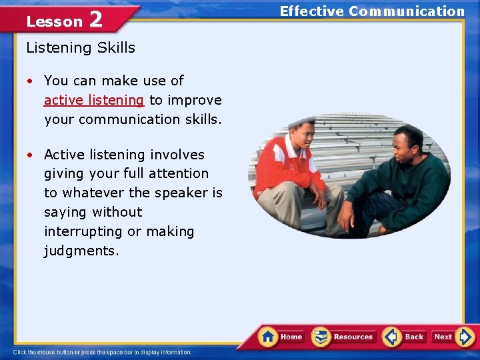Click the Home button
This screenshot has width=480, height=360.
pyautogui.click(x=281, y=337)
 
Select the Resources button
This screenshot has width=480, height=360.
pyautogui.click(x=344, y=337)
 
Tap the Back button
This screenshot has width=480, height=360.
pyautogui.click(x=405, y=337)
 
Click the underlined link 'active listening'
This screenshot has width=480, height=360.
pyautogui.click(x=93, y=100)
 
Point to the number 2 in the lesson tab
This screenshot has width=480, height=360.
pyautogui.click(x=95, y=19)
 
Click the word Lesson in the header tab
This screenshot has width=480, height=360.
pyautogui.click(x=54, y=21)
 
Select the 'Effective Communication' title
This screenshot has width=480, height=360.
pyautogui.click(x=372, y=11)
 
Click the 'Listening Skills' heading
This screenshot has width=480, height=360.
pyautogui.click(x=80, y=47)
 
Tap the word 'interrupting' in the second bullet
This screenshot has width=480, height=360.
pyautogui.click(x=84, y=231)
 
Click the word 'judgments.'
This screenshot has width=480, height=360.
pyautogui.click(x=81, y=251)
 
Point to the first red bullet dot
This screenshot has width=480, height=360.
pyautogui.click(x=31, y=81)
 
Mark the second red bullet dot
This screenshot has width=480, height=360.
pyautogui.click(x=31, y=155)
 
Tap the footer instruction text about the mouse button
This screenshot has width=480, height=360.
pyautogui.click(x=102, y=352)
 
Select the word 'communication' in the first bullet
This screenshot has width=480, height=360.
pyautogui.click(x=122, y=119)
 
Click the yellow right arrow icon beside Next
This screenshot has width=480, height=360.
pyautogui.click(x=466, y=337)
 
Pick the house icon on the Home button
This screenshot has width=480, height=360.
pyautogui.click(x=268, y=336)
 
